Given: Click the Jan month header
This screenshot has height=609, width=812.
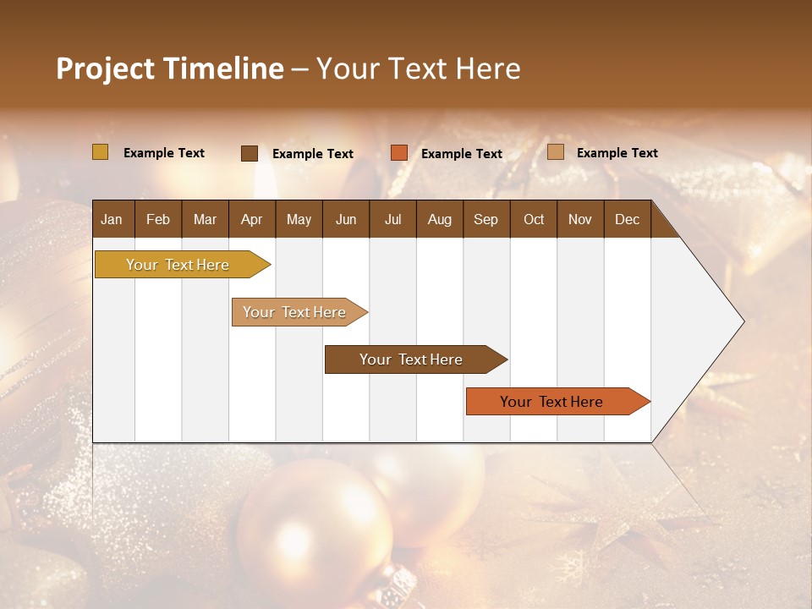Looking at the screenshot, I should coord(112,219).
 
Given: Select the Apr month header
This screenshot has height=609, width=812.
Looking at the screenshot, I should coord(251,219).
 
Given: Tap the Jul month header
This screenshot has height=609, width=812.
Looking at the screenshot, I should coord(392,219).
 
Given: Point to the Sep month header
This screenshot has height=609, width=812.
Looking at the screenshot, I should coord(486,219).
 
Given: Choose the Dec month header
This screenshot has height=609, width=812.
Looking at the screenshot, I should coord(627,219).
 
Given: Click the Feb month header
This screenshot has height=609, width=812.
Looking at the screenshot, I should coord(158,219).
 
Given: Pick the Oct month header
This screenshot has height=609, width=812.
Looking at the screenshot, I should coord(534,219).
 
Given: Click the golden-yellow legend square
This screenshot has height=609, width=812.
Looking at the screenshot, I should coord(101,152).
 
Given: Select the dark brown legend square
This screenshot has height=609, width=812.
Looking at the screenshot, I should coord(250,153).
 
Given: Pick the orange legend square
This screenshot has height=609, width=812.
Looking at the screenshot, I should coord(399,153).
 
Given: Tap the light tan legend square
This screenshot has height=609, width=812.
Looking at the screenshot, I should coord(556,152).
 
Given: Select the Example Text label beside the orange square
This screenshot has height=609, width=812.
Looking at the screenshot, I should coord(461,154).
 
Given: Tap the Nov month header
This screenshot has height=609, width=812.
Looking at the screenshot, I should coord(580,219).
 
